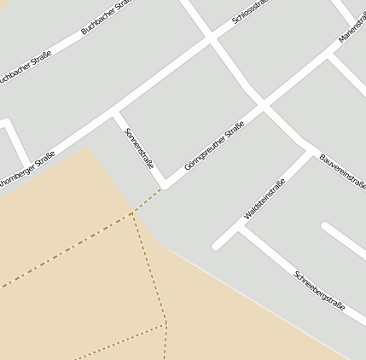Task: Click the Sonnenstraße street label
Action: pyautogui.click(x=139, y=148)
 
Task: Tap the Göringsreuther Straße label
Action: pyautogui.click(x=214, y=146)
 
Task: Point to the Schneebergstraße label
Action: pyautogui.click(x=319, y=289)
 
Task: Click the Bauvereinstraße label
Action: pyautogui.click(x=343, y=171)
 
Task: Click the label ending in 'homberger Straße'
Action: pyautogui.click(x=26, y=169)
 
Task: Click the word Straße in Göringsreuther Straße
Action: pyautogui.click(x=234, y=131)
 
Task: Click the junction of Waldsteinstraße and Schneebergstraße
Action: pyautogui.click(x=241, y=228)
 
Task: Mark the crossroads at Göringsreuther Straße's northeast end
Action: pyautogui.click(x=264, y=106)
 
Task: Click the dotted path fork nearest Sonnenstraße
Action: pyautogui.click(x=132, y=213)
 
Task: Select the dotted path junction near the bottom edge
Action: pyautogui.click(x=166, y=324)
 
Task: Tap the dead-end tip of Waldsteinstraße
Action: pyautogui.click(x=217, y=246)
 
